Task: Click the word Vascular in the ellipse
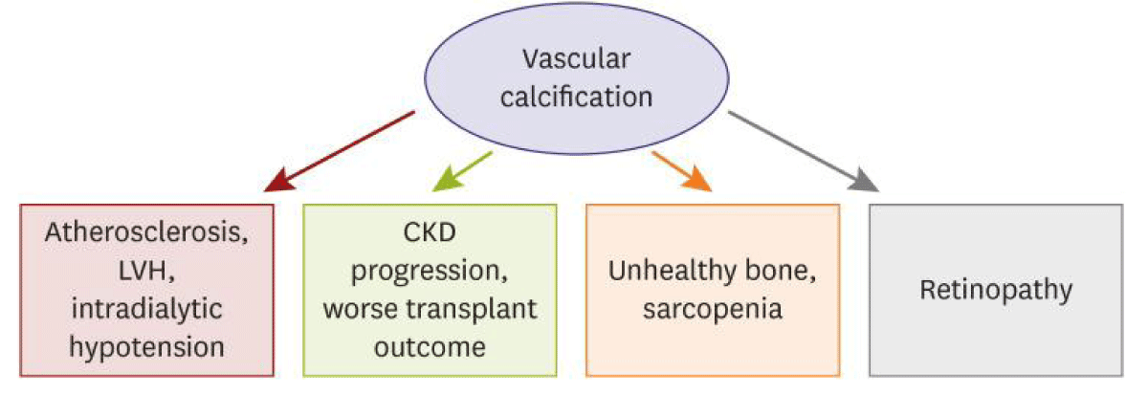(x=576, y=59)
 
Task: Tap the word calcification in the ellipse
(x=577, y=97)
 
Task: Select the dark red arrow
(x=340, y=151)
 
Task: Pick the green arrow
(x=462, y=171)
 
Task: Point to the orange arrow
(x=682, y=171)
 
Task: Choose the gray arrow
(x=804, y=151)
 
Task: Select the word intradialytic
(x=146, y=308)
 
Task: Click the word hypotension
(x=146, y=347)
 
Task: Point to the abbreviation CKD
(x=430, y=232)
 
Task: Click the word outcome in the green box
(x=430, y=347)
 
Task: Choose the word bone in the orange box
(x=778, y=270)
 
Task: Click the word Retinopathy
(x=996, y=290)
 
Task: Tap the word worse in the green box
(x=361, y=310)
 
